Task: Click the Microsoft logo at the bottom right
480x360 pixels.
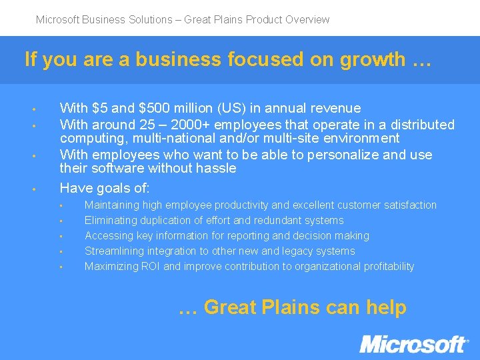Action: [x=414, y=344]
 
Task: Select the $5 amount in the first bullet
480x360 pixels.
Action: [x=101, y=108]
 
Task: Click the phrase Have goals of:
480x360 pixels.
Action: [x=105, y=188]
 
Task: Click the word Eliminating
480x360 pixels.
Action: [x=110, y=221]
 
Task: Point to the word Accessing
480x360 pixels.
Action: [x=109, y=236]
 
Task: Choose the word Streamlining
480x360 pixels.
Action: [x=113, y=251]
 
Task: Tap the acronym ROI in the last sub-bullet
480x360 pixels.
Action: [x=150, y=267]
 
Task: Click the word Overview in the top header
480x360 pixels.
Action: [x=307, y=19]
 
